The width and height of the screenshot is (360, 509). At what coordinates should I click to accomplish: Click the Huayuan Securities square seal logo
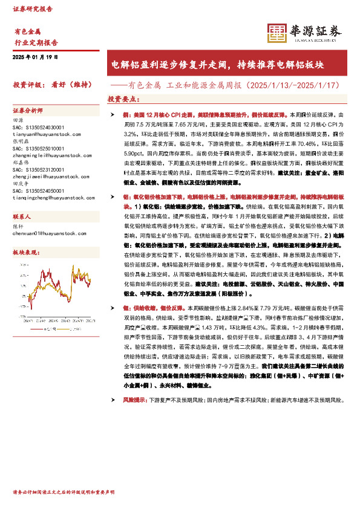pyautogui.click(x=277, y=33)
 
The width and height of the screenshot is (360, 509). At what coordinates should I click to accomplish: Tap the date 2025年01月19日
pyautogui.click(x=35, y=57)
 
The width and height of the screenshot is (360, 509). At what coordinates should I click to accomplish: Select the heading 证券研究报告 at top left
pyautogui.click(x=33, y=9)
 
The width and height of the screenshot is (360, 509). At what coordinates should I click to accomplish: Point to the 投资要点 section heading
pyautogui.click(x=124, y=99)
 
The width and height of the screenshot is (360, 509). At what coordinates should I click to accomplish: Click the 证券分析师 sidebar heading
pyautogui.click(x=28, y=111)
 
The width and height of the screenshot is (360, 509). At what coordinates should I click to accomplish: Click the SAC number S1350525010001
pyautogui.click(x=38, y=148)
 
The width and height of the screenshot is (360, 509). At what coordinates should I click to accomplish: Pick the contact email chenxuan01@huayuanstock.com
pyautogui.click(x=46, y=232)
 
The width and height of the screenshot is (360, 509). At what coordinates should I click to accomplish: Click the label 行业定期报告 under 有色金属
pyautogui.click(x=36, y=43)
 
